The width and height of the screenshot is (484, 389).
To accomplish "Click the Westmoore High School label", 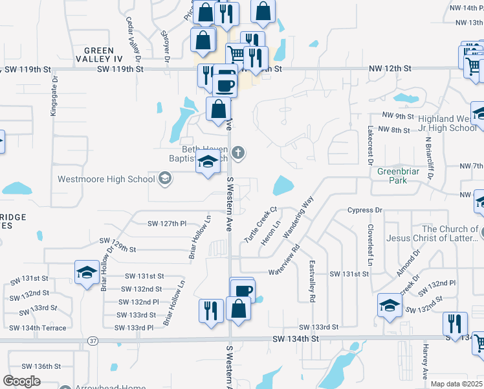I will (106, 179).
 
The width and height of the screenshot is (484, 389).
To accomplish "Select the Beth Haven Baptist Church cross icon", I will (238, 153).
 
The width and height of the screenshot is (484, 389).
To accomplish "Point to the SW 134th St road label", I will (296, 338).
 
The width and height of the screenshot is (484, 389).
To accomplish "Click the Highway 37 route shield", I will (93, 340).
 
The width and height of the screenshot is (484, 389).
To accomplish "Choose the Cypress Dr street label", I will (365, 210).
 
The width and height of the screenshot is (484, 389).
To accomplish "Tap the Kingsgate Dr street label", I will (54, 97).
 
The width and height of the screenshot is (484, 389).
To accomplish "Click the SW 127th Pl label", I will (167, 224).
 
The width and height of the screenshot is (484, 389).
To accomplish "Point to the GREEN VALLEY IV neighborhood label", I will (99, 55).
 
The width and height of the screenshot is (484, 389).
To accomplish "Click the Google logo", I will (21, 381).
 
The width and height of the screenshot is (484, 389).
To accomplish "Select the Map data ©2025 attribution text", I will (456, 384).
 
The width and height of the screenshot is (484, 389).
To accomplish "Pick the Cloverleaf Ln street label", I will (370, 245).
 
